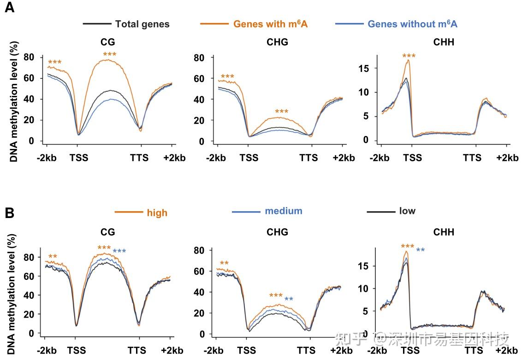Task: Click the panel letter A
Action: point(9,8)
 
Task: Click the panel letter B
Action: point(9,213)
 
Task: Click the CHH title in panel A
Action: point(444,42)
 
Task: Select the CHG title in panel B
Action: point(277,232)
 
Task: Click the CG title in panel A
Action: point(108,42)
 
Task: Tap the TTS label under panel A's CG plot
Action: point(139,158)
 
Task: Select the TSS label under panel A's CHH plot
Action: point(412,158)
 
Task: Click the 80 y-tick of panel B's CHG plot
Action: point(200,251)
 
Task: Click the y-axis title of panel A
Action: point(14,101)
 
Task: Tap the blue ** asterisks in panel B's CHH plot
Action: point(420,250)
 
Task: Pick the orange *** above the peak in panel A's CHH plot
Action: point(409,56)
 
